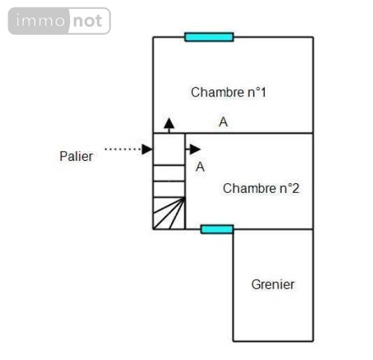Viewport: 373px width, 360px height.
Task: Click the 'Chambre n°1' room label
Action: click(x=228, y=92)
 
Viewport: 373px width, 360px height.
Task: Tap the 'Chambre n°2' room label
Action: click(x=261, y=188)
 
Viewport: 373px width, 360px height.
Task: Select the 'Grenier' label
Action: click(x=273, y=285)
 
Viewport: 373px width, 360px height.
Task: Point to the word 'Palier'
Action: click(x=76, y=156)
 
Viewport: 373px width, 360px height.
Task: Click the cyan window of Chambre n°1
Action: click(x=209, y=37)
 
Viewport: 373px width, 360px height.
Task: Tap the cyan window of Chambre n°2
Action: click(x=217, y=229)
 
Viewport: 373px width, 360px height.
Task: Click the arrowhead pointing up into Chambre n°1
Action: click(x=169, y=123)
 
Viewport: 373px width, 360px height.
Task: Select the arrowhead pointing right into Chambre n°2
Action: click(x=195, y=150)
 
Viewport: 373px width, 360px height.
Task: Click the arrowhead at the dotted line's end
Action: click(x=147, y=150)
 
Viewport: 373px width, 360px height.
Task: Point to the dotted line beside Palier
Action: click(x=123, y=150)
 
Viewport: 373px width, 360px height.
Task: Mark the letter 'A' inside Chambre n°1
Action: click(x=223, y=122)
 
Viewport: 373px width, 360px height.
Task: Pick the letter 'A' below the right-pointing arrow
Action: click(x=200, y=167)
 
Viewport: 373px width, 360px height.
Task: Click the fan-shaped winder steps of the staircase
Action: click(x=169, y=213)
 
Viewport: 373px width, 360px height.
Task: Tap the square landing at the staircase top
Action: click(x=169, y=149)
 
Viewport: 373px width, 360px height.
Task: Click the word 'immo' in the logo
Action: click(x=41, y=20)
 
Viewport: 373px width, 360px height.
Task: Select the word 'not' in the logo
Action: click(x=87, y=21)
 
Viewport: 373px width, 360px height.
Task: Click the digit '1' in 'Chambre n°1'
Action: click(x=263, y=92)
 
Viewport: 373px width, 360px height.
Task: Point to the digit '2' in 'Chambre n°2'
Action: click(x=295, y=188)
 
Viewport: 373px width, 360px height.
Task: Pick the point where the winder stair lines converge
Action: click(x=185, y=197)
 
